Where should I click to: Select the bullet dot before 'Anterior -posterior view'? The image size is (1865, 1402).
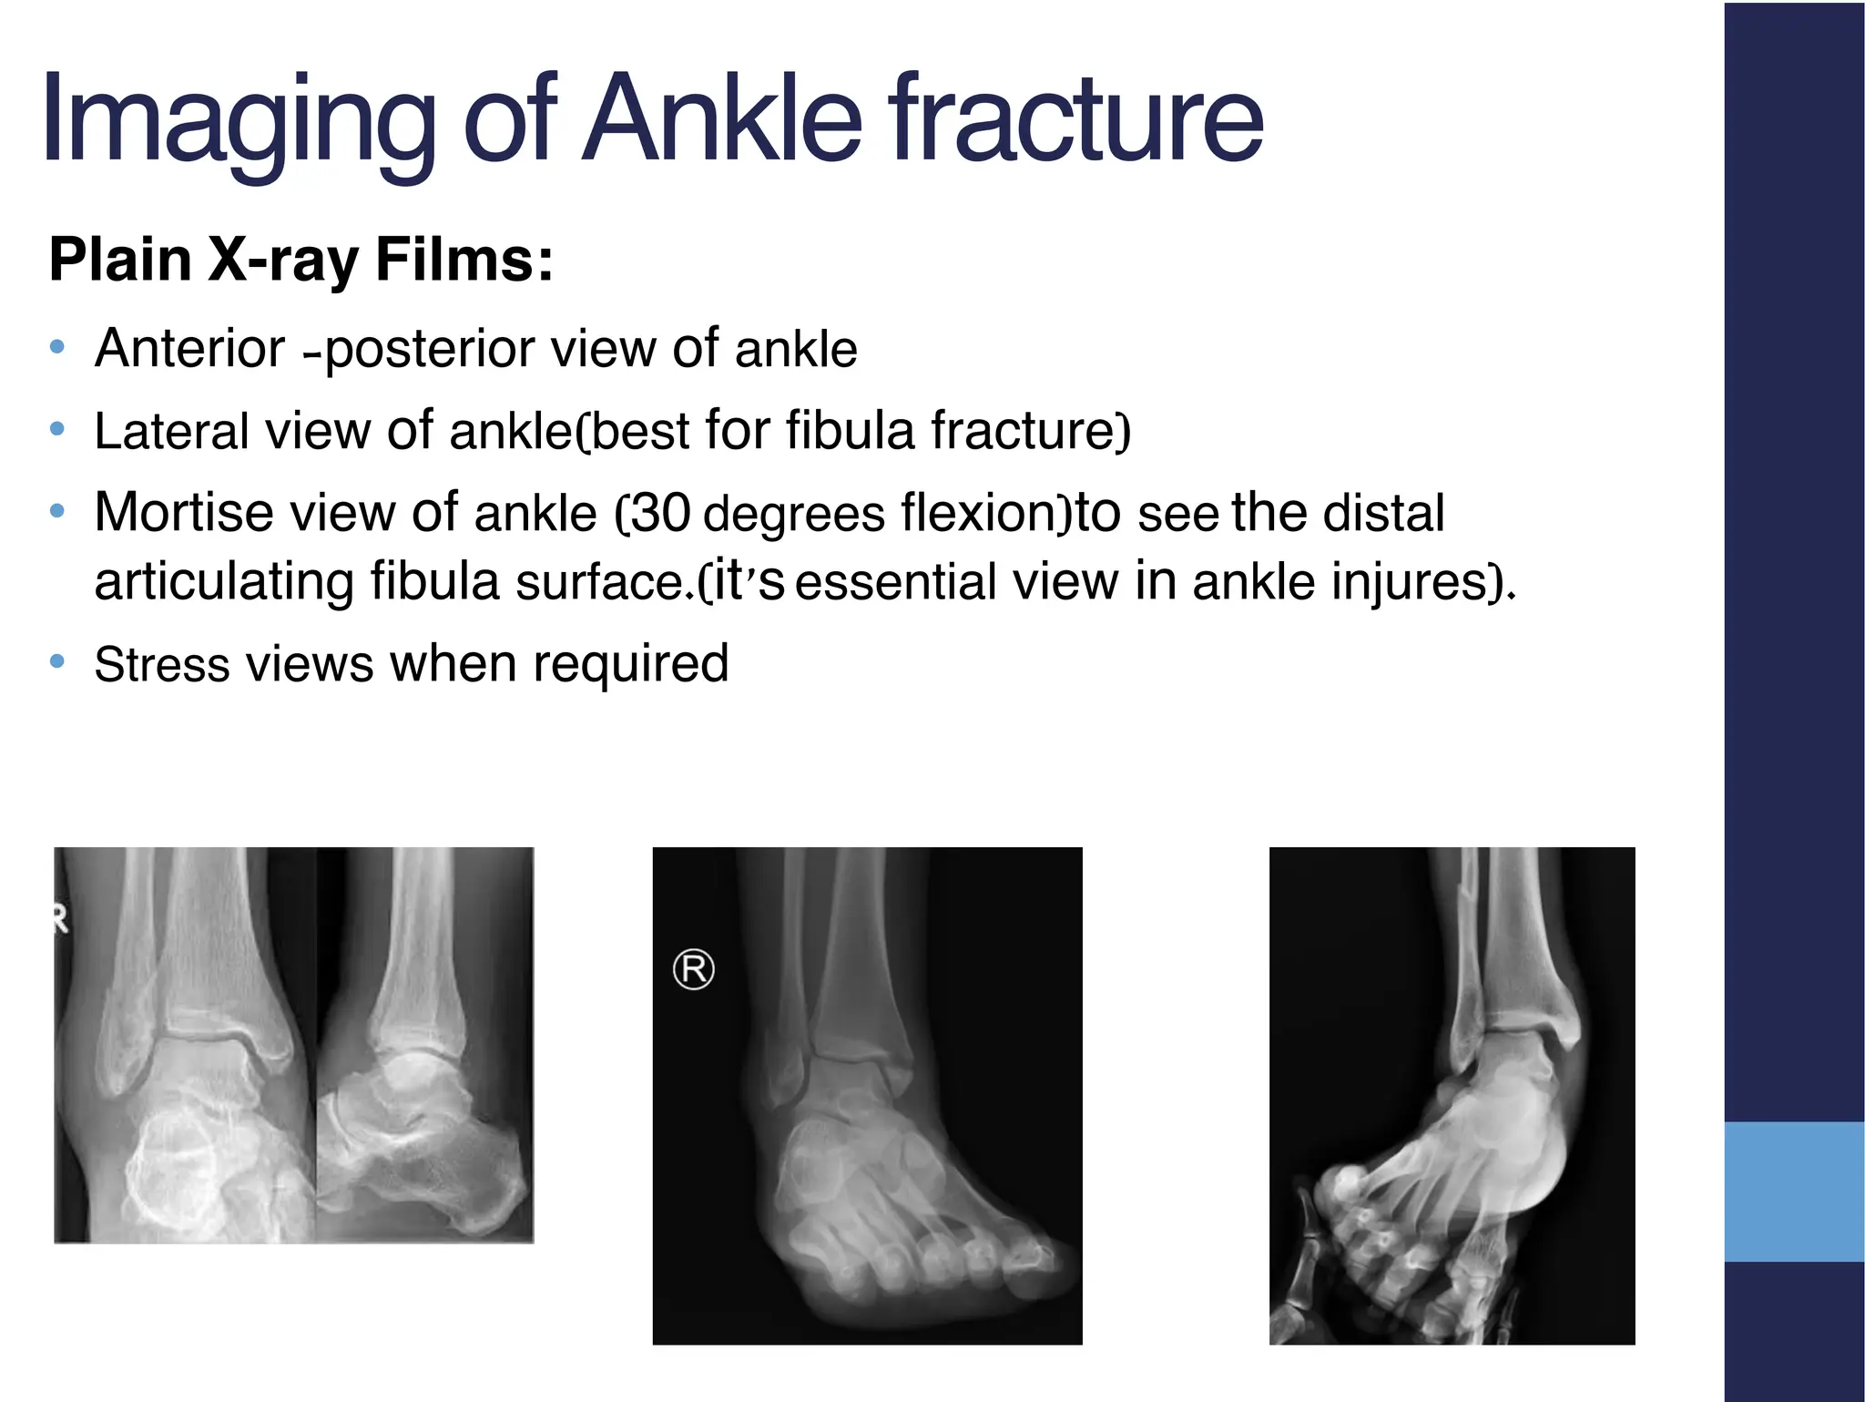[57, 347]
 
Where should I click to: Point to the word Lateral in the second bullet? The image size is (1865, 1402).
[170, 430]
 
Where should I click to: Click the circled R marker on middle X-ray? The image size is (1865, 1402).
[693, 969]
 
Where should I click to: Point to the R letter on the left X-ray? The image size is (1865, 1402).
[61, 921]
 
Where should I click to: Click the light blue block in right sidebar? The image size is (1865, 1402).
[1794, 1192]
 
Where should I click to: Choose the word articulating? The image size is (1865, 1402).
[223, 581]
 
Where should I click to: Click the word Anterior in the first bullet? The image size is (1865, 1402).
[189, 348]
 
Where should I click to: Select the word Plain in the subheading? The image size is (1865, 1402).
[119, 260]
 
